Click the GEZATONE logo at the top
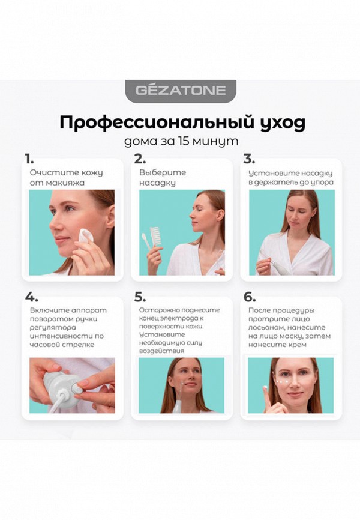[180, 91]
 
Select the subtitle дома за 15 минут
[180, 142]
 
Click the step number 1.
[29, 159]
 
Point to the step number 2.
[140, 159]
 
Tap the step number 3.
[249, 159]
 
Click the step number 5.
[140, 297]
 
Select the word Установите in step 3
[269, 172]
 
